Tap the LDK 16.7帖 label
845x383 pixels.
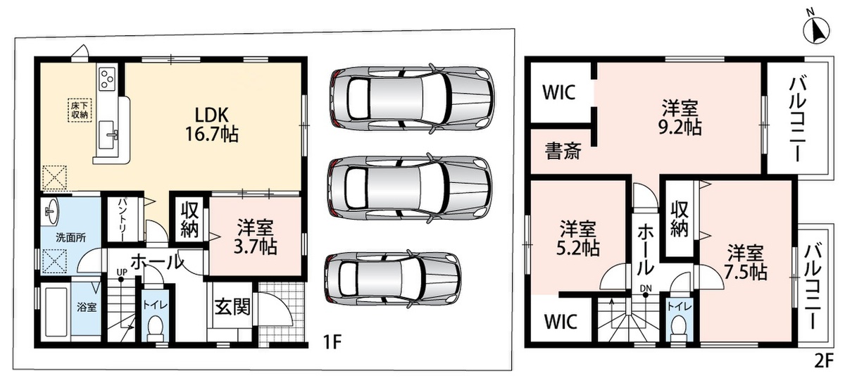[x=212, y=125]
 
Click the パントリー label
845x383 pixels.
[x=123, y=219]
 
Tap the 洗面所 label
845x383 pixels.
[x=71, y=238]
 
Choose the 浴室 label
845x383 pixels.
[x=87, y=307]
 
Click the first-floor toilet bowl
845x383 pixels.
[x=155, y=327]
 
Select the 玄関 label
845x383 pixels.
[x=233, y=306]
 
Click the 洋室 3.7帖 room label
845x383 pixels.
[x=256, y=237]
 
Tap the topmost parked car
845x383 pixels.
[x=413, y=99]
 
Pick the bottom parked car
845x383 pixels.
[x=393, y=280]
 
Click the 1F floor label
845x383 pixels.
[x=332, y=342]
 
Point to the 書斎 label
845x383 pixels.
[x=563, y=151]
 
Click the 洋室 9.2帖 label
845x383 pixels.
[x=680, y=118]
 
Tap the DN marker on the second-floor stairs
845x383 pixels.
[x=646, y=289]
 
